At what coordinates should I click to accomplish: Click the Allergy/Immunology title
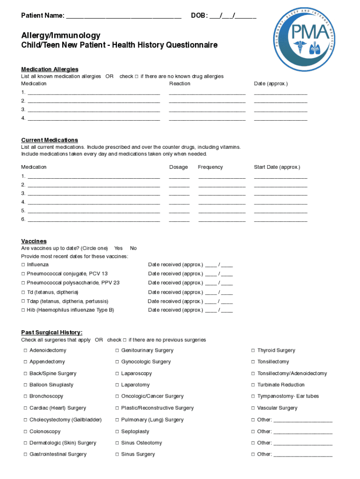coord(61,36)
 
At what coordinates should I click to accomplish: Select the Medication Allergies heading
coord(50,69)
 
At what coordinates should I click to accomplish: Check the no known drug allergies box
coord(137,76)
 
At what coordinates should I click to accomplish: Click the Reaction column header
coord(180,83)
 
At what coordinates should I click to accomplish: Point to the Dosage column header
coord(179,167)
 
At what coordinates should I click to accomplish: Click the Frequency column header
coord(210,167)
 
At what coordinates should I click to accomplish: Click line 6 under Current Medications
coord(94,219)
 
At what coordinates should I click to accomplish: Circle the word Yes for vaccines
coord(118,248)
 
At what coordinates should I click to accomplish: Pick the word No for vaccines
coord(133,248)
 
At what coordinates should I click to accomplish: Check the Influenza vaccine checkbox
coord(23,265)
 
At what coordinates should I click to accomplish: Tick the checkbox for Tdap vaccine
coord(23,301)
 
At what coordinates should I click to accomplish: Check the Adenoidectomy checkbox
coord(25,350)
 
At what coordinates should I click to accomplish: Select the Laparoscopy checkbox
coord(117,374)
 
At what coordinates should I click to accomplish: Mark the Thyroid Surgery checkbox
coord(253,350)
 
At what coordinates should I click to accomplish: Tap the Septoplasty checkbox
coord(117,432)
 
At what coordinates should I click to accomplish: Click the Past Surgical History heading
coord(52,333)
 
